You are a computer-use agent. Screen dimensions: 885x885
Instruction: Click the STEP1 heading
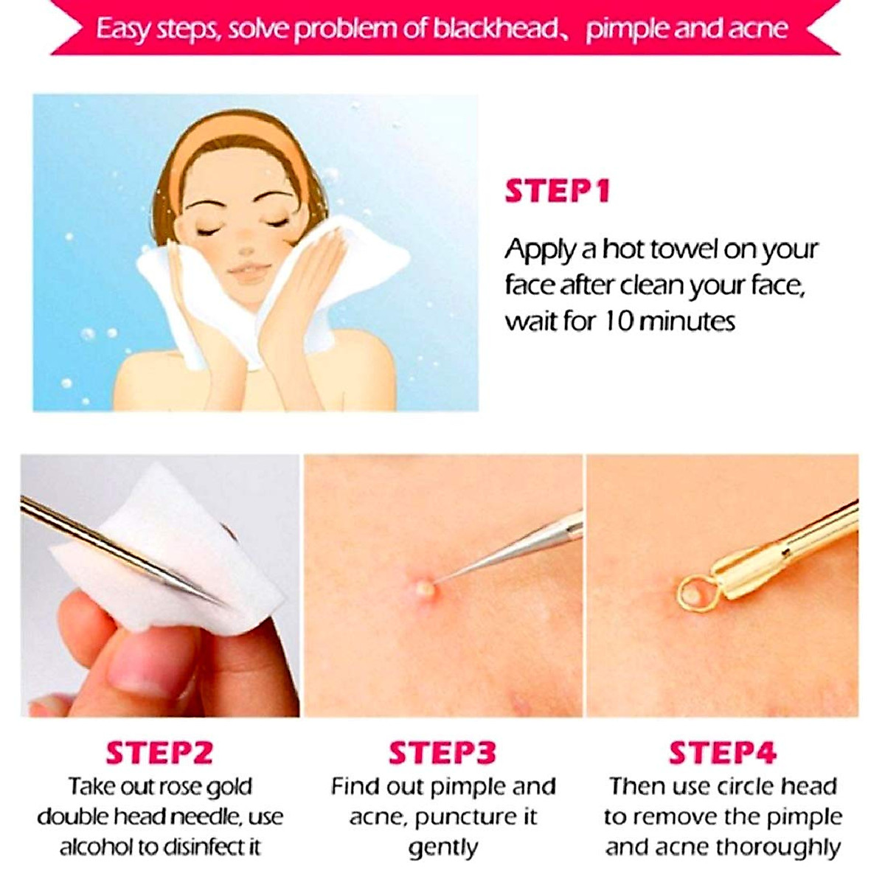coord(558,191)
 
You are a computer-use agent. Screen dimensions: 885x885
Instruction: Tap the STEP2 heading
coord(159,753)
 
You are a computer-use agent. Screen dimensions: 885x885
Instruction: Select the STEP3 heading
coord(442,753)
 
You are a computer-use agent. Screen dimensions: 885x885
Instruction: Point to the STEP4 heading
coord(723,753)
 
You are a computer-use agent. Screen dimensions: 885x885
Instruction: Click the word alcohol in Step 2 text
coord(93,847)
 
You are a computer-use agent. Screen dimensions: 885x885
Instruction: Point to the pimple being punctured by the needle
coord(424,588)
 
